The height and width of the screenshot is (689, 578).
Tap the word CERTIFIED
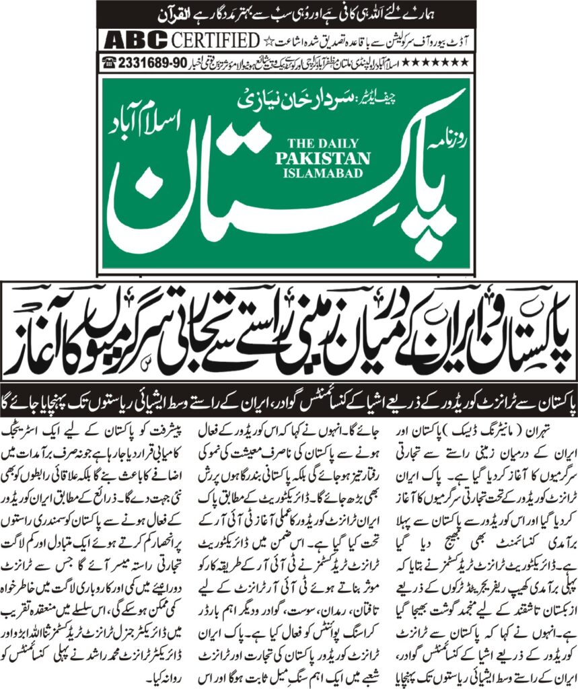pos(215,40)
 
